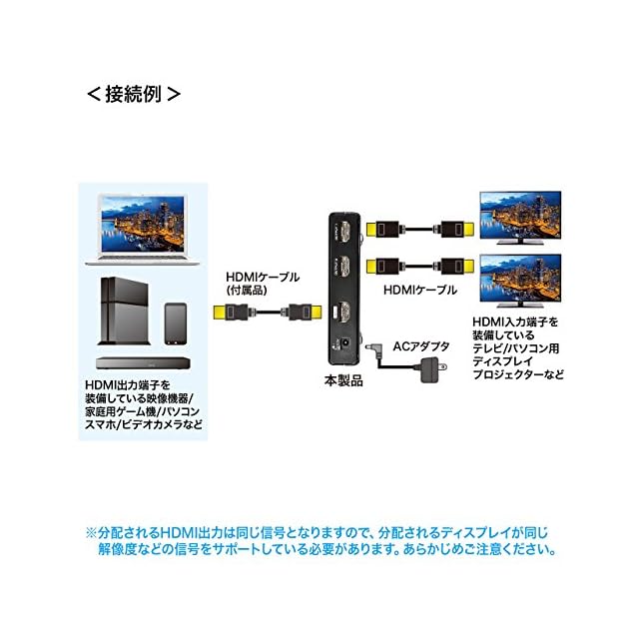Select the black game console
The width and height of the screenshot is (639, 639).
pyautogui.click(x=123, y=310)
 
